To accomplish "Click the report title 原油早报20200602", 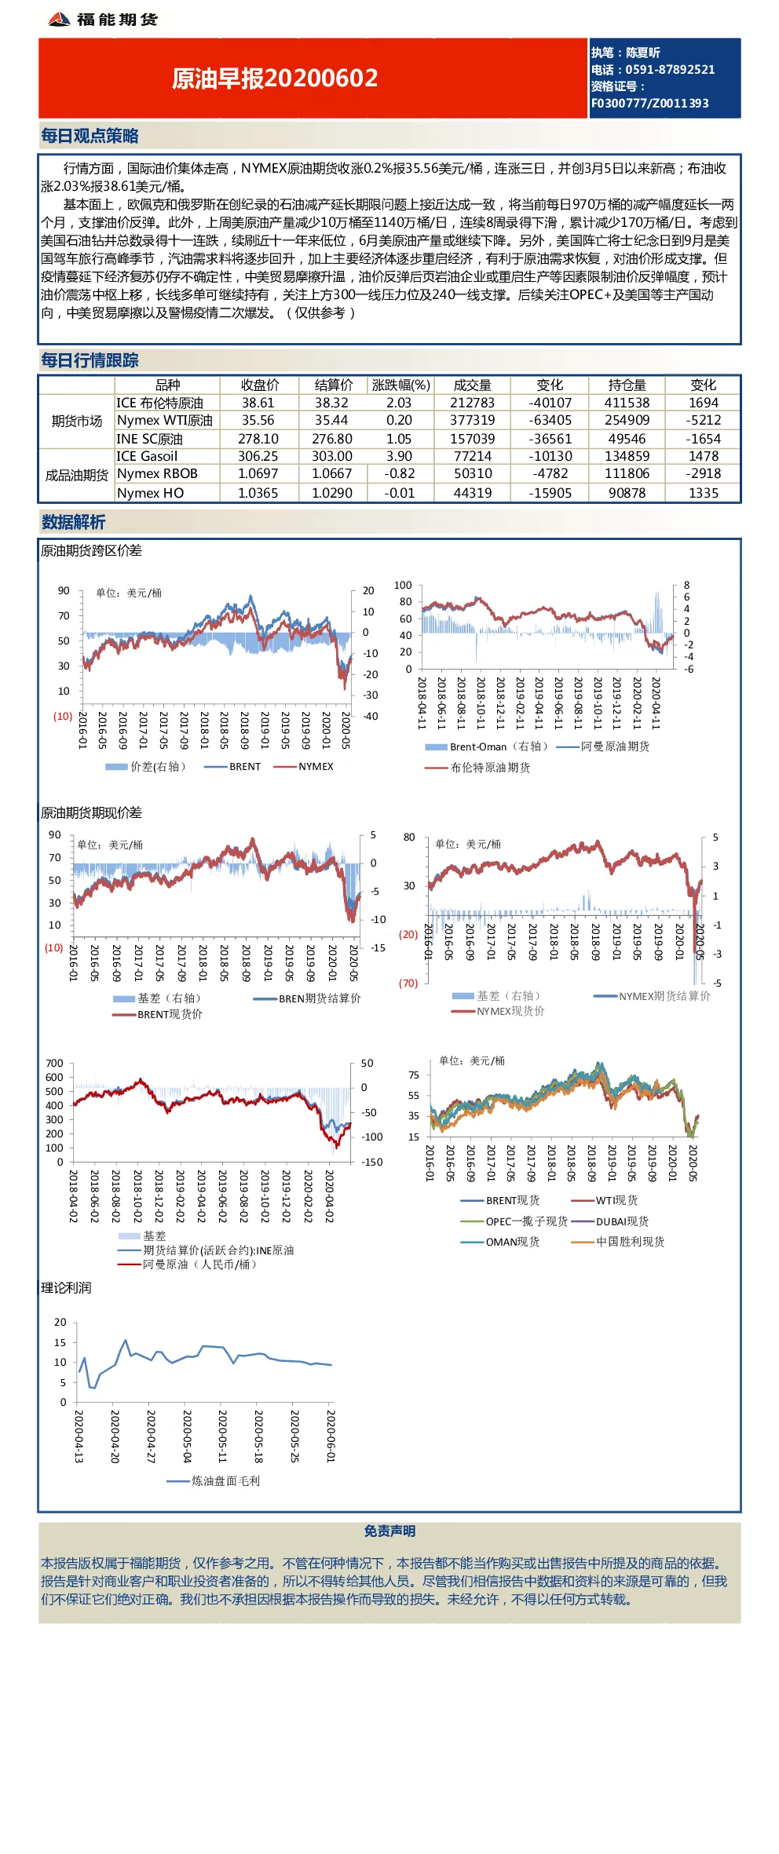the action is point(275,78).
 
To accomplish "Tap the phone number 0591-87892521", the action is point(670,70).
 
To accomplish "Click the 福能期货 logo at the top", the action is point(103,19).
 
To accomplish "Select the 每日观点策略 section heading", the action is point(90,136).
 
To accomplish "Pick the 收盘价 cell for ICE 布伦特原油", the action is point(258,403).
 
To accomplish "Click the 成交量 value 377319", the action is point(472,420).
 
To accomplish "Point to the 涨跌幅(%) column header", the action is point(400,385).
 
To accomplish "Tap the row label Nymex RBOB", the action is point(157,473).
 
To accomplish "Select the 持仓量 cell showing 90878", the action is point(627,493).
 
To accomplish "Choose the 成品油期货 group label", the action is point(77,475).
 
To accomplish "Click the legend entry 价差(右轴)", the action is point(146,766).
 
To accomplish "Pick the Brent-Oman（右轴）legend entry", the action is point(486,746).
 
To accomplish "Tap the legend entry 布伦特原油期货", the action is point(477,768).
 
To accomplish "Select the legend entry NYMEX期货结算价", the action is point(652,996).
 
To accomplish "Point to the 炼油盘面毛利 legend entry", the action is point(214,1481).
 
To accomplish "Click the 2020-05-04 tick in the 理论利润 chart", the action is point(187,1436).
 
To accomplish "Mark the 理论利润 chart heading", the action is point(66,1287).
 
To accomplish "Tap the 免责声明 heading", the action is point(389,1531).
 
